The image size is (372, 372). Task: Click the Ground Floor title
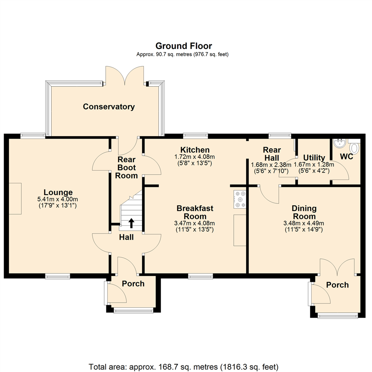tap(184, 46)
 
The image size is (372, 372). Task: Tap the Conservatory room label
tap(109, 107)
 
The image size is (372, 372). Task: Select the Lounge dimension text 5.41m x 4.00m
tap(58, 199)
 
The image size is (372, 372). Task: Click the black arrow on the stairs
tap(131, 223)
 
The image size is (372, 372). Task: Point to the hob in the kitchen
tap(240, 199)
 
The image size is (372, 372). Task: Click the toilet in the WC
tap(354, 148)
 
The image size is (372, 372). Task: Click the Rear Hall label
tap(272, 154)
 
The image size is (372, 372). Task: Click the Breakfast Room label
tap(195, 212)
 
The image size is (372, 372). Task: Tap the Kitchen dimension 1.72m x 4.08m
tap(195, 157)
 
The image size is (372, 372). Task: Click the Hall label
tap(126, 237)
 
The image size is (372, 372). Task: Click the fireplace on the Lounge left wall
tap(15, 199)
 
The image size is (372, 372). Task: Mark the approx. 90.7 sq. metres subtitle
tap(183, 54)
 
